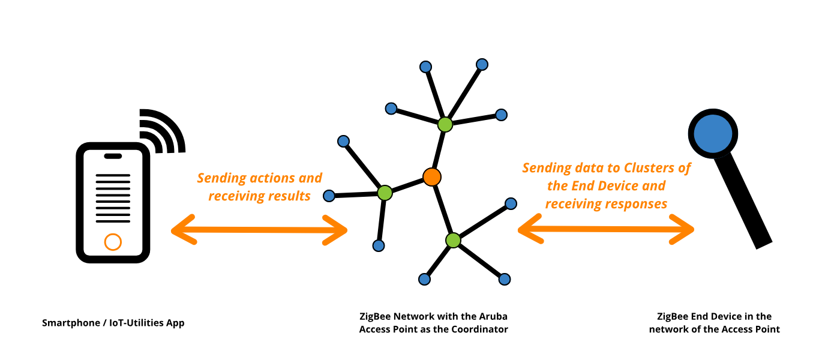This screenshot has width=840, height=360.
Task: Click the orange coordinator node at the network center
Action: pyautogui.click(x=432, y=177)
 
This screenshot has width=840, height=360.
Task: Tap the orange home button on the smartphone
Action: pyautogui.click(x=113, y=242)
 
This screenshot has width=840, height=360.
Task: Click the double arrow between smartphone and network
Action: pyautogui.click(x=259, y=230)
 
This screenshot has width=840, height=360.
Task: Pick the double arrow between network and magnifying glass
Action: pyautogui.click(x=606, y=230)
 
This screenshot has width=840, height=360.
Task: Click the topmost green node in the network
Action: pyautogui.click(x=445, y=124)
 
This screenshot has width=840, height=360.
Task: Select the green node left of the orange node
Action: pyautogui.click(x=385, y=193)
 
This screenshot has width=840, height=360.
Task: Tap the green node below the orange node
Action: pyautogui.click(x=453, y=240)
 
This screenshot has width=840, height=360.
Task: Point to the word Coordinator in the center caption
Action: pyautogui.click(x=479, y=329)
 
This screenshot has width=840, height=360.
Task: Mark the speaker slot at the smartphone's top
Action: pyautogui.click(x=113, y=157)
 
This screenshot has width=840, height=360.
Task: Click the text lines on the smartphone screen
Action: pyautogui.click(x=113, y=196)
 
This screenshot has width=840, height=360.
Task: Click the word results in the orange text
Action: pyautogui.click(x=289, y=196)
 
